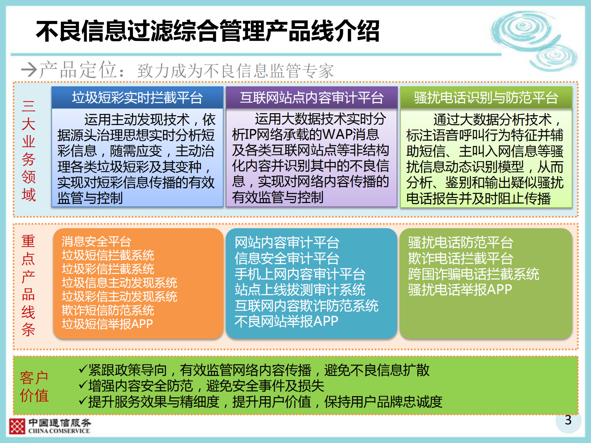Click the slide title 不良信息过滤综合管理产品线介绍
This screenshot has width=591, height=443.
click(207, 31)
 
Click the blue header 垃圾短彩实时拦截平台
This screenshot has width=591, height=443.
click(137, 98)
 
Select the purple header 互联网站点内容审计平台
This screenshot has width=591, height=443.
click(312, 98)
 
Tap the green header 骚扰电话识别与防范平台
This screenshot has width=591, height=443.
click(486, 98)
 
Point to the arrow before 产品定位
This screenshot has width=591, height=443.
click(29, 70)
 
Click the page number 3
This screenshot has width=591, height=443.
click(568, 420)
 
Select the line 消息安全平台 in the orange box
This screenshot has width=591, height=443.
click(96, 242)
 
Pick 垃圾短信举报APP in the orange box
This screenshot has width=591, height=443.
click(107, 324)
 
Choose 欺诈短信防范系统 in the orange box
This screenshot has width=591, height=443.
click(108, 310)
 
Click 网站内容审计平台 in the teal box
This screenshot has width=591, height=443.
click(287, 243)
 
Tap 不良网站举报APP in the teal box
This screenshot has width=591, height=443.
click(286, 321)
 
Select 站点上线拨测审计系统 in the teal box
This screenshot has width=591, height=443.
click(300, 290)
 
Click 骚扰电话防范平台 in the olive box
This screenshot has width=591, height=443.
click(460, 243)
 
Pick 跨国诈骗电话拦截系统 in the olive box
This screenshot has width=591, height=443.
click(473, 274)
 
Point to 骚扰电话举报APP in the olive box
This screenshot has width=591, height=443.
click(460, 290)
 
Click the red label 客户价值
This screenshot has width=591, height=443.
click(34, 386)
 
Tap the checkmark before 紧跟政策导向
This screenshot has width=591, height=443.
click(83, 369)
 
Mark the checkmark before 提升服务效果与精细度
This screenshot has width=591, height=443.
click(83, 401)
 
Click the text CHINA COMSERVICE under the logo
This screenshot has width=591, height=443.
click(59, 431)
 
